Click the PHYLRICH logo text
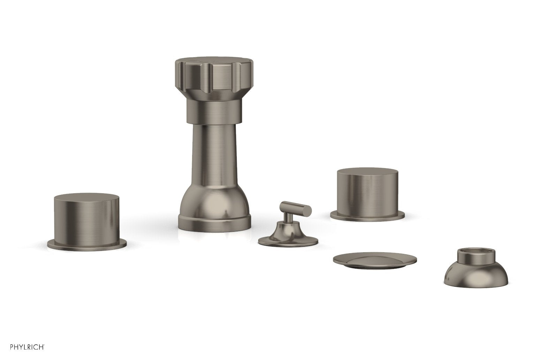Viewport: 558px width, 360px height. [x=27, y=347]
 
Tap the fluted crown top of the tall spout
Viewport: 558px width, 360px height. [x=214, y=77]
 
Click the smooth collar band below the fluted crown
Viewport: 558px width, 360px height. [x=214, y=112]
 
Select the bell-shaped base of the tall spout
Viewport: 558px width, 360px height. [x=214, y=202]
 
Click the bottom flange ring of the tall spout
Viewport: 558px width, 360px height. [x=214, y=224]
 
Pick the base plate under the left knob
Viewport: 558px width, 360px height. [x=87, y=245]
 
